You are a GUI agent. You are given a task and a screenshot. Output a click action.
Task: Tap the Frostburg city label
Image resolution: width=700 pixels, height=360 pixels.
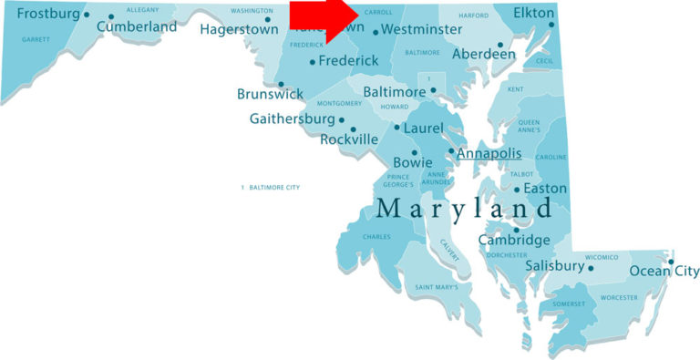tap(47, 14)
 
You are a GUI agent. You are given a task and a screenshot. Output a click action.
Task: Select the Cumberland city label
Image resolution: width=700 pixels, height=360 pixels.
tap(137, 27)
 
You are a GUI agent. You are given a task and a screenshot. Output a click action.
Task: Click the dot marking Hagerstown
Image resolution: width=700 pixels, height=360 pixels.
tap(268, 19)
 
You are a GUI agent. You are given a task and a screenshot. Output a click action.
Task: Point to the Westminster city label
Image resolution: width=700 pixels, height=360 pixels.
tap(421, 30)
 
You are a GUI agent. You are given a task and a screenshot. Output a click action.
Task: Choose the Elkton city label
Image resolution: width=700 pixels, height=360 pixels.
tap(533, 14)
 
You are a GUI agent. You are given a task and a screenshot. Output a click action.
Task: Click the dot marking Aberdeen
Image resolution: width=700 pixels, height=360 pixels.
tap(499, 44)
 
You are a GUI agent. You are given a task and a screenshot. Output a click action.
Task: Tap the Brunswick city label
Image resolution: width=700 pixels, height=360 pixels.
tap(270, 94)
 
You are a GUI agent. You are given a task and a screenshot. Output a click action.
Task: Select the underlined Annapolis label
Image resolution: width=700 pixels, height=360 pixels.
tap(489, 153)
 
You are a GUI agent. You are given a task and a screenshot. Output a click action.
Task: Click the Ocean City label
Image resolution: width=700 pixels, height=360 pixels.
tap(664, 271)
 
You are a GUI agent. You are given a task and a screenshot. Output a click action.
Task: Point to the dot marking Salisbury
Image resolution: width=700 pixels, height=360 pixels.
tap(591, 268)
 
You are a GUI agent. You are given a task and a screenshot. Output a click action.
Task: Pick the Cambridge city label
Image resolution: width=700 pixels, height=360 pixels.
tap(515, 241)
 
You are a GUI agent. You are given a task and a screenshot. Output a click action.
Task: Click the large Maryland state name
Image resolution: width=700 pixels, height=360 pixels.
tap(464, 209)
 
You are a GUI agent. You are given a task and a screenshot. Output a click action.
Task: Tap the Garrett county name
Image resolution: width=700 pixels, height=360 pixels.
tap(36, 40)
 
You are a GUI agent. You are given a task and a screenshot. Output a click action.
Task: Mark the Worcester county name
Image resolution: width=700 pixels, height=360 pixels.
tap(619, 298)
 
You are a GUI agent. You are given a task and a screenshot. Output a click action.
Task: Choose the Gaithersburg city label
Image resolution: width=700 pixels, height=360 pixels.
tap(292, 119)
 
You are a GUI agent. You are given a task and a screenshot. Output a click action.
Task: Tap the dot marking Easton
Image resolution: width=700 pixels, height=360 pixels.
tap(517, 190)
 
